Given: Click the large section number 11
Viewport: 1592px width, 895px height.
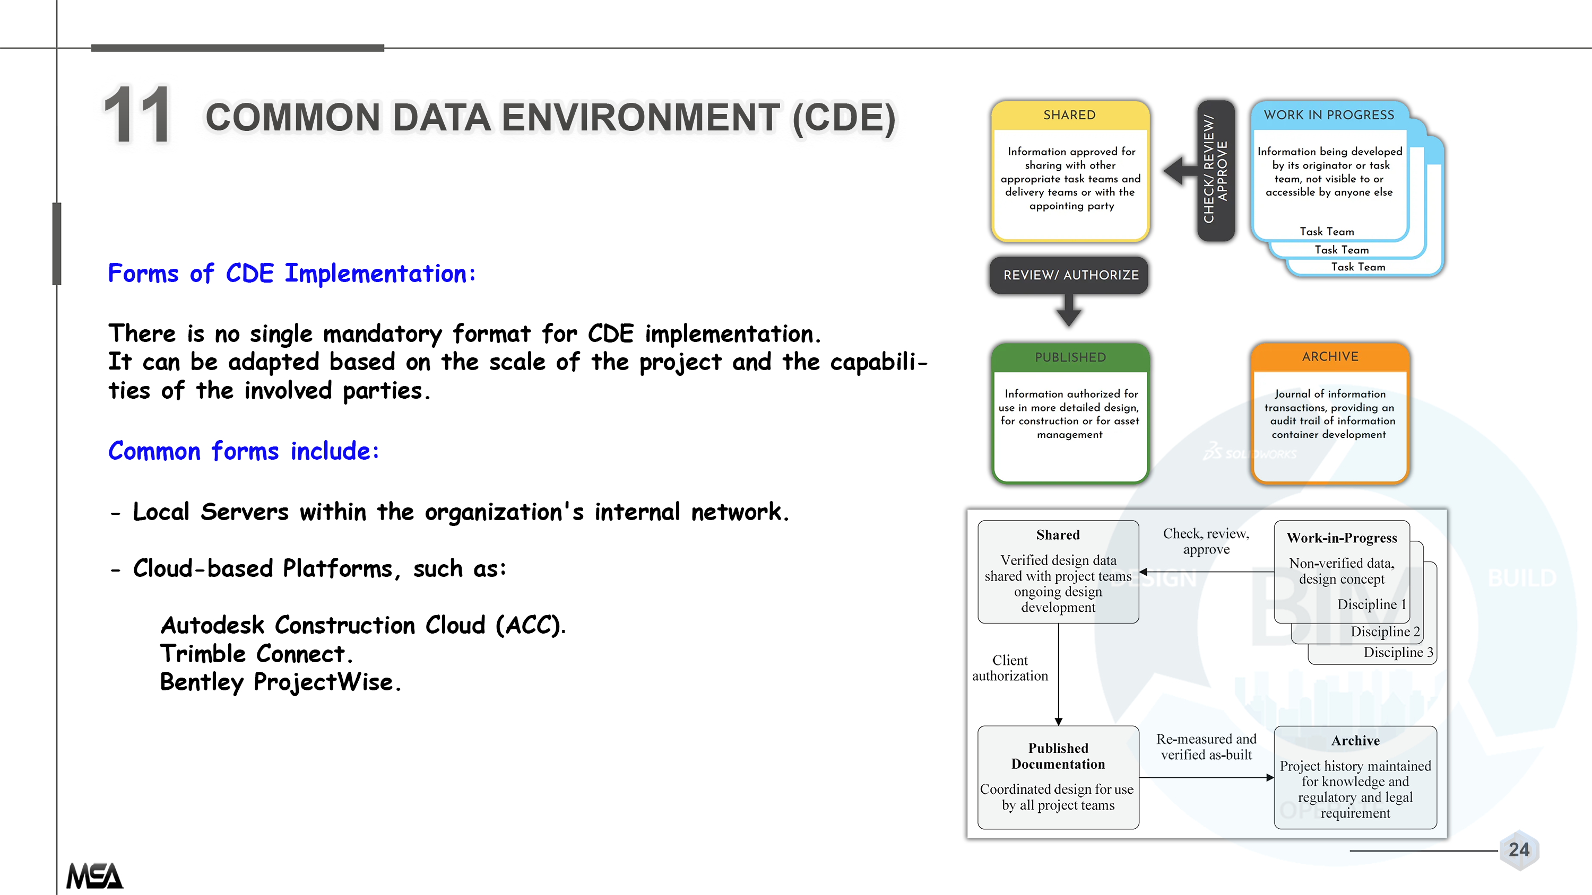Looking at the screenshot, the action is tap(137, 115).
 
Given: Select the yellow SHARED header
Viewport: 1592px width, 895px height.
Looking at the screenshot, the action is tap(1070, 116).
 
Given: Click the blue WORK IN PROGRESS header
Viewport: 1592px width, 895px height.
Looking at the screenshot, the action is tap(1329, 116).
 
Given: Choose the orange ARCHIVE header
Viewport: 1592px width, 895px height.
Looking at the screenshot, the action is tap(1330, 357).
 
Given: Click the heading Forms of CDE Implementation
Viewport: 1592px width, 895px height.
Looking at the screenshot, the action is tap(292, 274).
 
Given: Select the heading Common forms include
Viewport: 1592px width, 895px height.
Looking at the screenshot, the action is tap(244, 451).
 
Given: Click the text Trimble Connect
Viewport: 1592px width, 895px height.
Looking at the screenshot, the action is tap(256, 654).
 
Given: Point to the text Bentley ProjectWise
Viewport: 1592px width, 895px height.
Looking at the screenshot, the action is tap(281, 682).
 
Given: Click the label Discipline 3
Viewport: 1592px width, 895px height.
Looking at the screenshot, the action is tap(1398, 652).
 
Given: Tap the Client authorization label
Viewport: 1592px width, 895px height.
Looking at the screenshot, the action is tap(1010, 668).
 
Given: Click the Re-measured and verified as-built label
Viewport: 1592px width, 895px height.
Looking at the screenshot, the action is tap(1206, 747).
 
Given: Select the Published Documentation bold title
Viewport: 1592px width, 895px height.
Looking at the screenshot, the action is tap(1058, 756).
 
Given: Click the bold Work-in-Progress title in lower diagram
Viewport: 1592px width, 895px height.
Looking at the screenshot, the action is tap(1342, 538).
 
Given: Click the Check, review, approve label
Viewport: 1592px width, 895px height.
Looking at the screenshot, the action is tap(1206, 541).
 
